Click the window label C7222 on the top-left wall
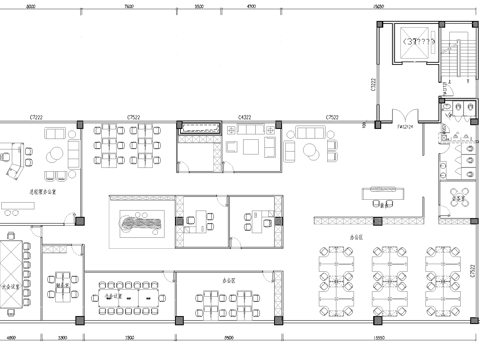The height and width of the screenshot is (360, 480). (36, 117)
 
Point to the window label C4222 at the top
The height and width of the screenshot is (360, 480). (243, 117)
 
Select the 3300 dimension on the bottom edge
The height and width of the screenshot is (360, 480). (62, 339)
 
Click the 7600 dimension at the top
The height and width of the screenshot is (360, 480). (130, 6)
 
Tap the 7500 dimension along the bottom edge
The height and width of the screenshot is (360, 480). (130, 339)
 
